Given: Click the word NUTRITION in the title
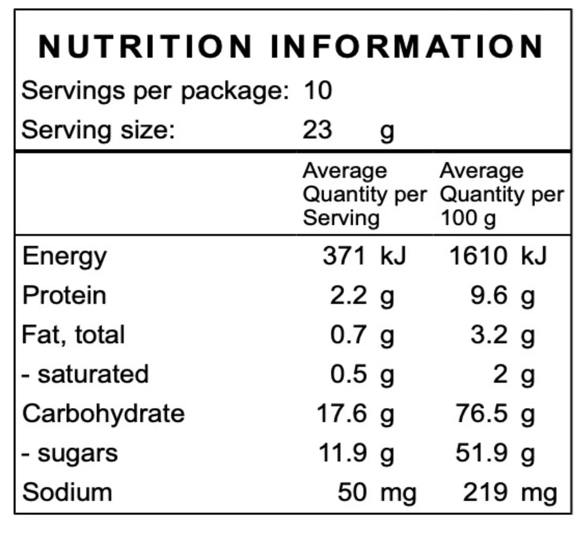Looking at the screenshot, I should click(x=145, y=47).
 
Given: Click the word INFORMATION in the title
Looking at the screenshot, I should click(x=407, y=47).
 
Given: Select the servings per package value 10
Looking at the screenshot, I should click(x=318, y=91).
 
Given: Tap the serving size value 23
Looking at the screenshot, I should click(x=318, y=130).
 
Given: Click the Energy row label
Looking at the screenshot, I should click(x=64, y=257).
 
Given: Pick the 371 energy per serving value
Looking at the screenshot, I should click(x=343, y=256).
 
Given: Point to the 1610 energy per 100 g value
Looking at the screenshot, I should click(x=478, y=256).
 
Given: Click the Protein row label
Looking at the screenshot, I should click(x=64, y=295).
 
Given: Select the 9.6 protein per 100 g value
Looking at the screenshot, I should click(x=489, y=295).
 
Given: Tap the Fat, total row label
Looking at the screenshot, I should click(x=73, y=334).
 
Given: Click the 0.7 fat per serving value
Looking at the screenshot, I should click(x=349, y=335).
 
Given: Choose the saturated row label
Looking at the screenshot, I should click(x=86, y=374).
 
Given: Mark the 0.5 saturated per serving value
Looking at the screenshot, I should click(x=349, y=374).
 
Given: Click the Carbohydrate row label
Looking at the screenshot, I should click(x=103, y=413).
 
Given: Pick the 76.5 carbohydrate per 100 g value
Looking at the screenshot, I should click(x=482, y=413).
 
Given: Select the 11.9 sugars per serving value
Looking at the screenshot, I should click(x=342, y=453).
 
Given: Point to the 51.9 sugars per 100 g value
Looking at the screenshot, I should click(x=482, y=453).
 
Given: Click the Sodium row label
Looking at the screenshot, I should click(x=67, y=492).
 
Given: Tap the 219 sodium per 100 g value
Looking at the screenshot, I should click(x=484, y=492).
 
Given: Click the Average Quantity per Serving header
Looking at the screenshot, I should click(x=363, y=194).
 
